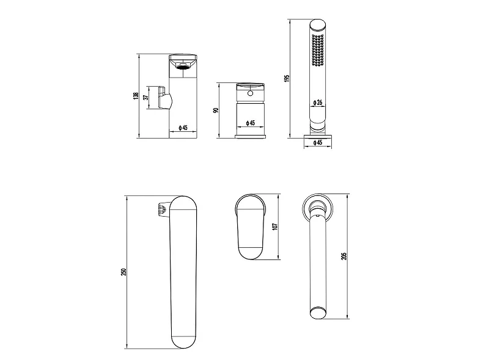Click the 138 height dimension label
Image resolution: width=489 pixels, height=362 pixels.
[x=135, y=96]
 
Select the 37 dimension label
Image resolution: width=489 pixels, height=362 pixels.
[x=145, y=98]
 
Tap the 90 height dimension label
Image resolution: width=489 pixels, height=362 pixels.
[x=216, y=110]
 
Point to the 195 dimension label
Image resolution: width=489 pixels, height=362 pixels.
[x=287, y=78]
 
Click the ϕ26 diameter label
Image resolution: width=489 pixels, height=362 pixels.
[x=317, y=102]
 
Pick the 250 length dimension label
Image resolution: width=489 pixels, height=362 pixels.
[x=123, y=272]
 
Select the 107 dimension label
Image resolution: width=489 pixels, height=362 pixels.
[x=274, y=226]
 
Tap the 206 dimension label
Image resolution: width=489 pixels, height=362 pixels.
[x=344, y=256]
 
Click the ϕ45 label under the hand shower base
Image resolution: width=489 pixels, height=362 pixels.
[x=317, y=143]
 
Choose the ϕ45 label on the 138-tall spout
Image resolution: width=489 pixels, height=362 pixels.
[x=183, y=128]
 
